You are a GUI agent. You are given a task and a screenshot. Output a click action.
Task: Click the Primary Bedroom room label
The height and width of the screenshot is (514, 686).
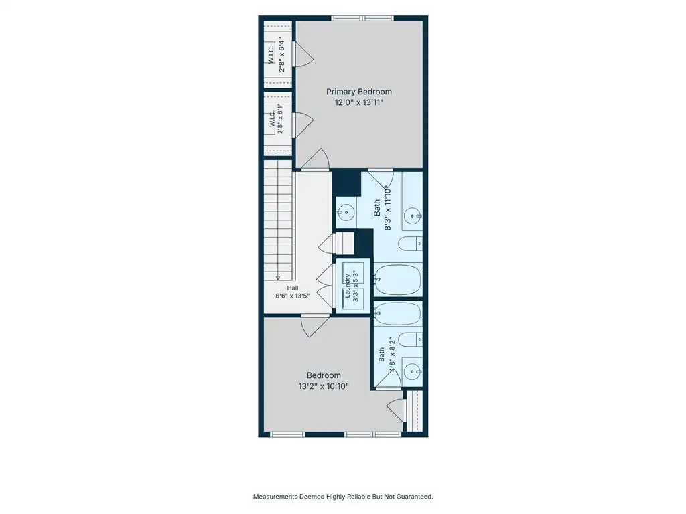[x=359, y=92]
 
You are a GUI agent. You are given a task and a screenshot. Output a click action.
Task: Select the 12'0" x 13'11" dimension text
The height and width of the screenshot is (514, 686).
[x=359, y=102]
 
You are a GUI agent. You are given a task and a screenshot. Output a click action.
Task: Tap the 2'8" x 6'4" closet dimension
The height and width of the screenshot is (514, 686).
[x=282, y=56]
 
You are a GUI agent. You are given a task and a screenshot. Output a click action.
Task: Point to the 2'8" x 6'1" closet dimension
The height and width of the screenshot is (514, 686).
[x=280, y=119]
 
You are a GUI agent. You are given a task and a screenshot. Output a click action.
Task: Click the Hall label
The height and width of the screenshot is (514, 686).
[x=293, y=288]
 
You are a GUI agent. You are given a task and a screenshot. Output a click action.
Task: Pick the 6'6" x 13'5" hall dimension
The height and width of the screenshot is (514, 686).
[x=292, y=296]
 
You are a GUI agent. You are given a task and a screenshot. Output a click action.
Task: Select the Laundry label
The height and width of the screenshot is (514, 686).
[x=348, y=286]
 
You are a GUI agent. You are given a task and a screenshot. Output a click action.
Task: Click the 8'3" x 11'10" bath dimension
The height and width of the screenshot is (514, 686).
[x=387, y=208]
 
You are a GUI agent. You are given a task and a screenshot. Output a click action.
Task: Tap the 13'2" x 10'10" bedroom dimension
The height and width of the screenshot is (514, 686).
[x=324, y=386]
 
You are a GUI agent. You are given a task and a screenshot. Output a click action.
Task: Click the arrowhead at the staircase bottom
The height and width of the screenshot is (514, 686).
[x=278, y=278]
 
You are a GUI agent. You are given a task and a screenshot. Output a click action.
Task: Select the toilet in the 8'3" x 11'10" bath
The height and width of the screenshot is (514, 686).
[x=411, y=244]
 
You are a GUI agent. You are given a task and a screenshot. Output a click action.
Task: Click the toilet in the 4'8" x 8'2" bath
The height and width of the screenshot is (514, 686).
[x=411, y=339]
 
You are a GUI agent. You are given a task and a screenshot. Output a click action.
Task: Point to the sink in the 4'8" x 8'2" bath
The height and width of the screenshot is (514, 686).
[x=412, y=372]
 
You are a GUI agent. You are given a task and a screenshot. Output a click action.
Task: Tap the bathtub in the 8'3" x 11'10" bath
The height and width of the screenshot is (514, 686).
[x=398, y=280]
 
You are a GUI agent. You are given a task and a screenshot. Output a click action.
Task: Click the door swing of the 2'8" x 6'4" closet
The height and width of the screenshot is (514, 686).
[x=303, y=54]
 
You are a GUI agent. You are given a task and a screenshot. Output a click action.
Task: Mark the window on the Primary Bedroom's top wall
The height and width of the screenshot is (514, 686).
[x=362, y=18]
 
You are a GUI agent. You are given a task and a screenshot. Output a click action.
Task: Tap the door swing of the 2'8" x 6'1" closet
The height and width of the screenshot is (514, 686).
[x=303, y=125]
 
